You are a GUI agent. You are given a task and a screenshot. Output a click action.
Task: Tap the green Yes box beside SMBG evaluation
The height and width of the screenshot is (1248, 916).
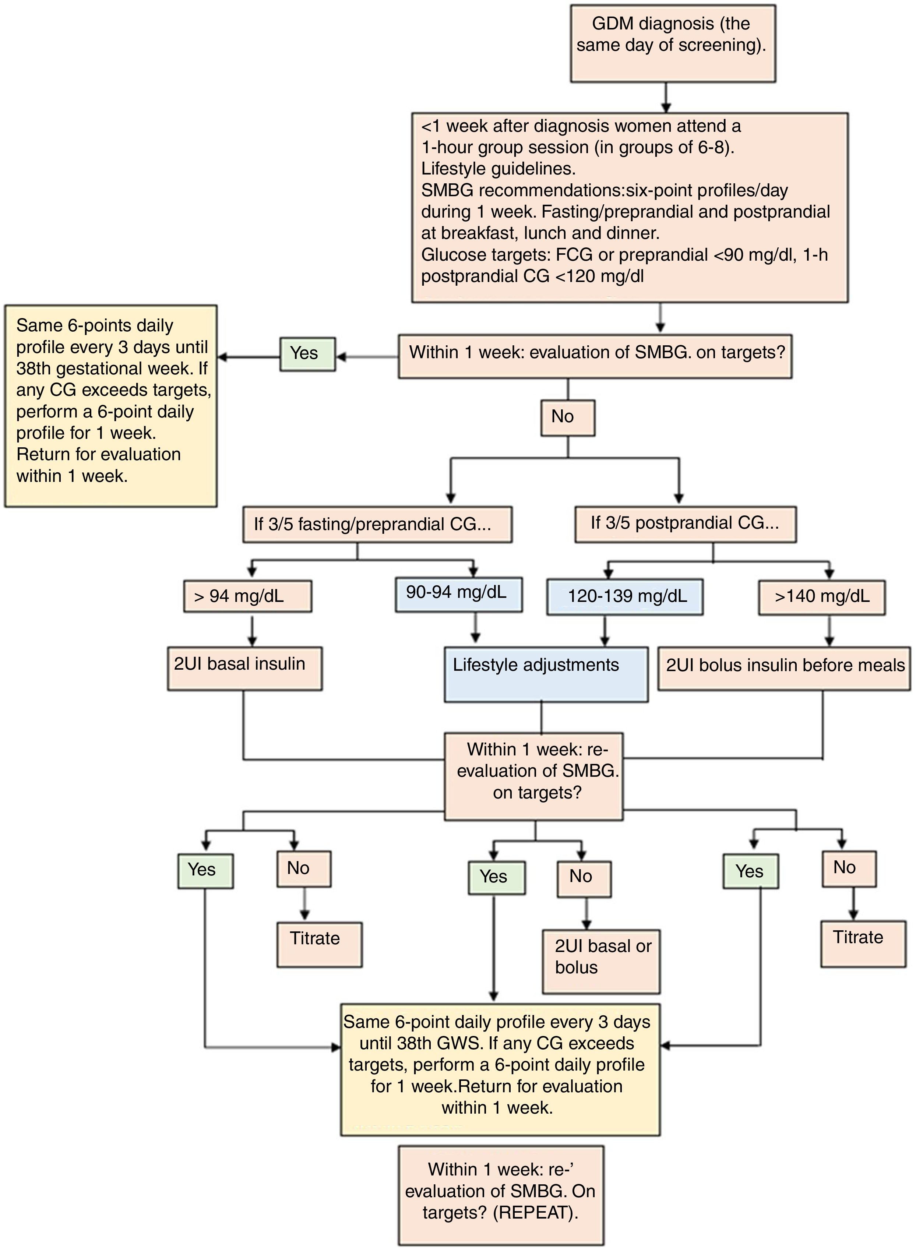307,354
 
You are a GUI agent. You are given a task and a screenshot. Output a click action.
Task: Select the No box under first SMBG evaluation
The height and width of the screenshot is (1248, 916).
567,417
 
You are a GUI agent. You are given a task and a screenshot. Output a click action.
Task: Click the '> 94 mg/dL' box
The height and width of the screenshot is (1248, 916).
247,596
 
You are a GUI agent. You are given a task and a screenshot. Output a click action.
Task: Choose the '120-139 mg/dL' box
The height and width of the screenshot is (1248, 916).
625,596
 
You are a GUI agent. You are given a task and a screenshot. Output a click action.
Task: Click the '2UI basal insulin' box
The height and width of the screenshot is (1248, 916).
244,668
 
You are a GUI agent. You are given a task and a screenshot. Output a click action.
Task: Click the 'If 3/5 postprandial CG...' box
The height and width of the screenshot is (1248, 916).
685,523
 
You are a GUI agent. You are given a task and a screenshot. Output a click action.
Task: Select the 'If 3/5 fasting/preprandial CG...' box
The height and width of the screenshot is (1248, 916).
377,524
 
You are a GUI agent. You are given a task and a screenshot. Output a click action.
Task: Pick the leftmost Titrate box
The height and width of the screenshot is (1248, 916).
319,944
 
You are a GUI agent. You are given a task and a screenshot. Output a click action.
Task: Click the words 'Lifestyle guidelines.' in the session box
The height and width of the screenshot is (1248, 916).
498,169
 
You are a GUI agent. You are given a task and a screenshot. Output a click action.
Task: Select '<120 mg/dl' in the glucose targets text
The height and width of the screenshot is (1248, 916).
599,276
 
